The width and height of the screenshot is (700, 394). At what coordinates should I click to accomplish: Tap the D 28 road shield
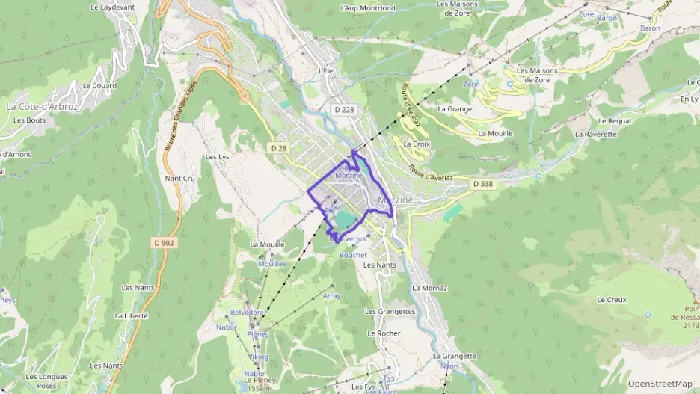coord(278,149)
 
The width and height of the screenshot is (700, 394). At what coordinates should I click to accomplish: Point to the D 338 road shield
coord(482,184)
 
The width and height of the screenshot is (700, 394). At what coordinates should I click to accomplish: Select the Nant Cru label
coord(179,179)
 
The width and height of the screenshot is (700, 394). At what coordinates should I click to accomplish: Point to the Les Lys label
coord(217,157)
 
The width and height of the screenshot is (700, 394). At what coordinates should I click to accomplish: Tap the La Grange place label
coord(455,108)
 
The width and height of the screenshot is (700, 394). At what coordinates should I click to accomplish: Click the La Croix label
coord(416,144)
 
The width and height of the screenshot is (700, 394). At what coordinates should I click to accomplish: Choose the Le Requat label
coord(615,120)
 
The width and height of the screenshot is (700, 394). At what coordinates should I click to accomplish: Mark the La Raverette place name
coord(596,135)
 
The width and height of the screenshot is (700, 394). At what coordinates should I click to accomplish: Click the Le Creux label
coord(611,300)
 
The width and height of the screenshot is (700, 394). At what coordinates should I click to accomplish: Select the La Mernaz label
coord(429,288)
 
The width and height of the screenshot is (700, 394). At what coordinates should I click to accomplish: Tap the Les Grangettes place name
coord(390,312)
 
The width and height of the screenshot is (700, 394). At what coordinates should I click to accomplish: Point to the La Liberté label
coord(132,316)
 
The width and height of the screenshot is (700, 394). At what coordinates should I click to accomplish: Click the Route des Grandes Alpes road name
coord(179,116)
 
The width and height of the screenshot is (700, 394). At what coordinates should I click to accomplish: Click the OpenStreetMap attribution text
coord(660,384)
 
